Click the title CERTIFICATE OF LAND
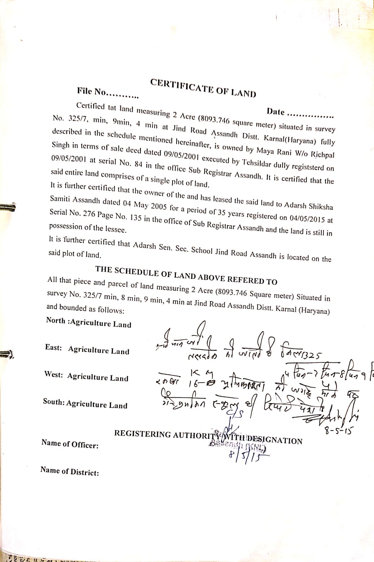click(203, 88)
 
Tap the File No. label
click(92, 92)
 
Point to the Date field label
click(276, 112)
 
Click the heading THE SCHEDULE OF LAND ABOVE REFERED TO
click(186, 275)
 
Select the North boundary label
click(56, 321)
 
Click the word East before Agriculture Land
click(53, 348)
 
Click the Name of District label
click(70, 471)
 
